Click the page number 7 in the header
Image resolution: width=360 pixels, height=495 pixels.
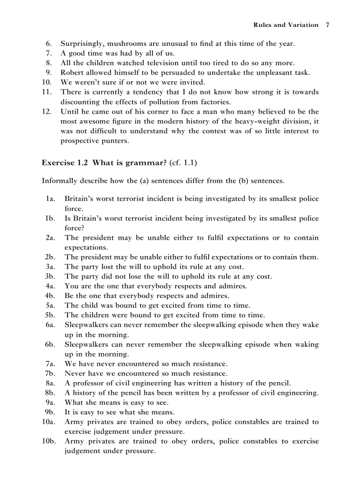click(327, 25)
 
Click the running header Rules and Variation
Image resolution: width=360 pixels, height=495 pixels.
click(285, 25)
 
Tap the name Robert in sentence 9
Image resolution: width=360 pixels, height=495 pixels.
click(72, 73)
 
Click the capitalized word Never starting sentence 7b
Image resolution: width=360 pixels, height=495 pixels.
click(75, 374)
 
